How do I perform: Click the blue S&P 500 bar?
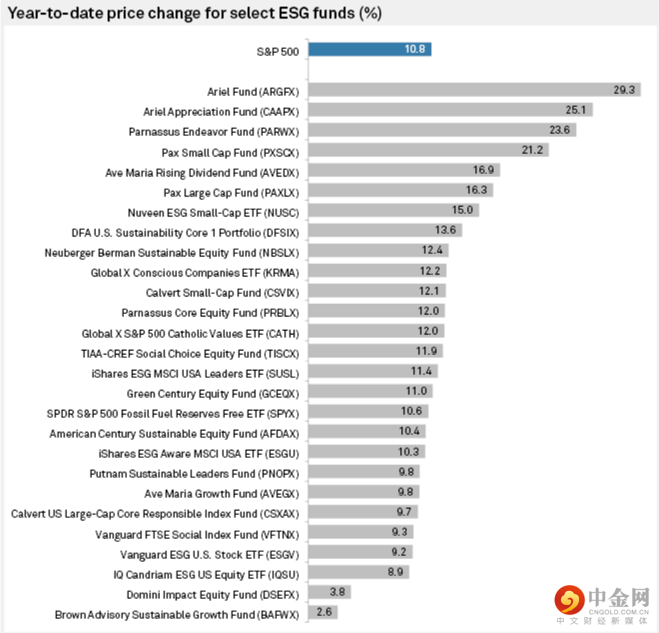click(x=370, y=49)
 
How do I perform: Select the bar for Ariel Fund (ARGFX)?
click(x=474, y=89)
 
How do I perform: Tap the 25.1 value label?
click(x=575, y=110)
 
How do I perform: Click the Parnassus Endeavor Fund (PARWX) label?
click(x=213, y=132)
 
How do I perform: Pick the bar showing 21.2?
click(x=428, y=150)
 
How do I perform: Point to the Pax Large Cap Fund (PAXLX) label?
click(x=231, y=193)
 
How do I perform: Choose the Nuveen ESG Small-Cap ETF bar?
click(x=394, y=210)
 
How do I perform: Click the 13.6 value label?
click(x=445, y=230)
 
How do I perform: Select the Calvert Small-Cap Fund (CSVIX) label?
click(x=223, y=293)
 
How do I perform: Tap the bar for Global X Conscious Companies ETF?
click(x=377, y=271)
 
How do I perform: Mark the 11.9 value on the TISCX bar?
click(x=426, y=351)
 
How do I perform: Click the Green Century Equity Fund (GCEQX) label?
click(x=213, y=394)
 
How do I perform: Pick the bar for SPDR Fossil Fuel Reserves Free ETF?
click(x=368, y=411)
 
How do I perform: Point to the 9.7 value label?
click(x=404, y=512)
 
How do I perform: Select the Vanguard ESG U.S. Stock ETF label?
click(x=209, y=555)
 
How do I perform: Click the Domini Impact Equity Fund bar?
click(x=329, y=592)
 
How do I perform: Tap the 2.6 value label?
click(x=324, y=612)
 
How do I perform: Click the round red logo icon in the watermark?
click(x=570, y=600)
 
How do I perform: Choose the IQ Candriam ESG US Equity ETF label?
click(x=206, y=575)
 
